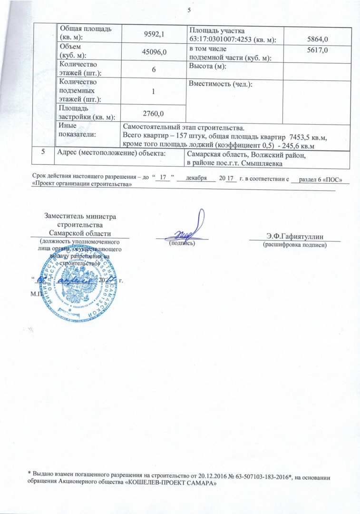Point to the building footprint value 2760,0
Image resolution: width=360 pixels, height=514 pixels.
(153, 113)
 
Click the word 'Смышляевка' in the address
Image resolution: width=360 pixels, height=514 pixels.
(260, 164)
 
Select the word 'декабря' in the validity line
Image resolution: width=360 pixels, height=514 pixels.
(196, 178)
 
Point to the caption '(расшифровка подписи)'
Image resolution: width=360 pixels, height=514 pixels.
(295, 245)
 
